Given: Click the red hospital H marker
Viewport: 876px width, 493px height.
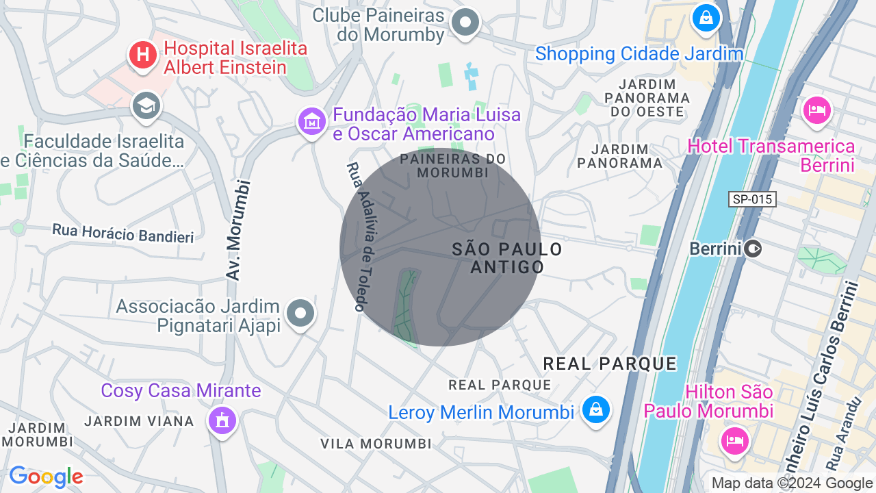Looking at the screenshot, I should (x=143, y=54).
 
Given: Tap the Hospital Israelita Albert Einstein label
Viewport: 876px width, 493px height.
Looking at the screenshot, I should (x=235, y=58).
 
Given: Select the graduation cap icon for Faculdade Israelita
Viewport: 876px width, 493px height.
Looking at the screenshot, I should (x=146, y=106).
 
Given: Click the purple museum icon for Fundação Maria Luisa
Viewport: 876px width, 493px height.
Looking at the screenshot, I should (x=312, y=122).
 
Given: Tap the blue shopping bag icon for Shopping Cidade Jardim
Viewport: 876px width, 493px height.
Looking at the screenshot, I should (x=706, y=17).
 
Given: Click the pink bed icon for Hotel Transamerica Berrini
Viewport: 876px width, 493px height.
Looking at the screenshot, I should (x=817, y=110).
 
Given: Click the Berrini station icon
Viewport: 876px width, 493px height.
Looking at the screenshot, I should (x=753, y=249).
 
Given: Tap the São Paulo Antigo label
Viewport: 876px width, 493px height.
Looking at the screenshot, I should (x=507, y=258).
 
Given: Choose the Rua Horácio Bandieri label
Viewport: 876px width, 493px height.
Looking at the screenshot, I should (x=123, y=233).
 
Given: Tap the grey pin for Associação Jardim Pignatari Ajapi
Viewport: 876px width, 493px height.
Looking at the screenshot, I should (x=300, y=314).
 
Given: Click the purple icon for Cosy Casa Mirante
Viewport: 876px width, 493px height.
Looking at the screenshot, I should (x=222, y=420).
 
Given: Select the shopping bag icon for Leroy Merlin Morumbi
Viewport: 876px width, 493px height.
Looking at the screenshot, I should (x=595, y=410).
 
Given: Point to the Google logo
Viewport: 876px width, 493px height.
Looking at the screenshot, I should (x=46, y=477).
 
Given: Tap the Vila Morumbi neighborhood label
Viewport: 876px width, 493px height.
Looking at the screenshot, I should (x=376, y=444).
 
